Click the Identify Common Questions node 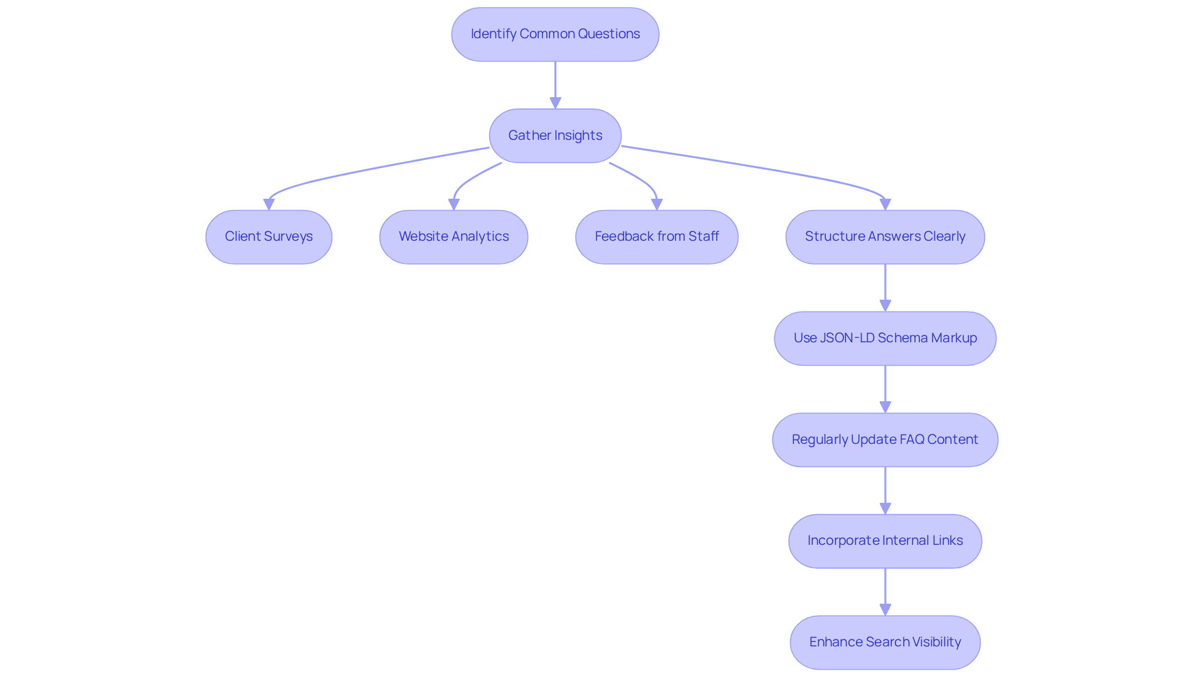(555, 34)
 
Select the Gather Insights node (555, 135)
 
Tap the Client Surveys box (268, 237)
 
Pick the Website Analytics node (453, 237)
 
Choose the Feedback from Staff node (657, 237)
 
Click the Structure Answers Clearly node (885, 237)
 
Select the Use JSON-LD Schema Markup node (885, 339)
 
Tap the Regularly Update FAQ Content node (885, 440)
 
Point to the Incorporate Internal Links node (885, 541)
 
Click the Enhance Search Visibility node (885, 642)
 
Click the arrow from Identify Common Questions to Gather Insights (555, 85)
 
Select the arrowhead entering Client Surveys (269, 204)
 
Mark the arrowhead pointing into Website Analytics (454, 204)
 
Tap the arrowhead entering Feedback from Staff (657, 204)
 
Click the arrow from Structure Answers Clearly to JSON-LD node (885, 287)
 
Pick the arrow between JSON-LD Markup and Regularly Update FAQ (885, 389)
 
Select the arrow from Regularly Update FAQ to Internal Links (885, 490)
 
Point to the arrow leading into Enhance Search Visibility (885, 592)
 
